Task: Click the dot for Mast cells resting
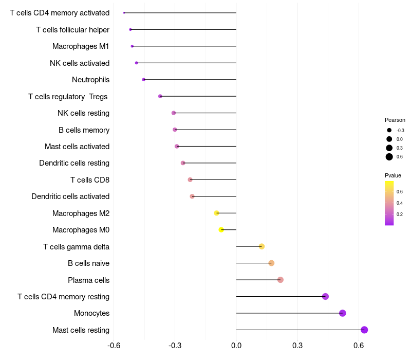point(364,330)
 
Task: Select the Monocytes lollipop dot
point(342,313)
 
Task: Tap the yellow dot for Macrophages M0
point(221,230)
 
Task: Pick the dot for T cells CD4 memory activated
point(124,12)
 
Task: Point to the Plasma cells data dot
point(280,280)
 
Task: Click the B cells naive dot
point(271,263)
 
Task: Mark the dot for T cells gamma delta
point(261,246)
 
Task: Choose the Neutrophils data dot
point(144,80)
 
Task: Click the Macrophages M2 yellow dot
point(216,213)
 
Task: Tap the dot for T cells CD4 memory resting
point(325,297)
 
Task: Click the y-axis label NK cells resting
point(83,113)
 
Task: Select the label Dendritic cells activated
point(70,196)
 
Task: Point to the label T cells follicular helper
point(72,30)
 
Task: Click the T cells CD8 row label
point(89,179)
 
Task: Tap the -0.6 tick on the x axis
point(114,345)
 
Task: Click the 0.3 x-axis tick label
point(297,345)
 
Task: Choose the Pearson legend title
point(395,120)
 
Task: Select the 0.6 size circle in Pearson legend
point(389,157)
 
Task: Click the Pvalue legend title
point(393,175)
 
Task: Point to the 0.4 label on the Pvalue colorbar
point(400,203)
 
